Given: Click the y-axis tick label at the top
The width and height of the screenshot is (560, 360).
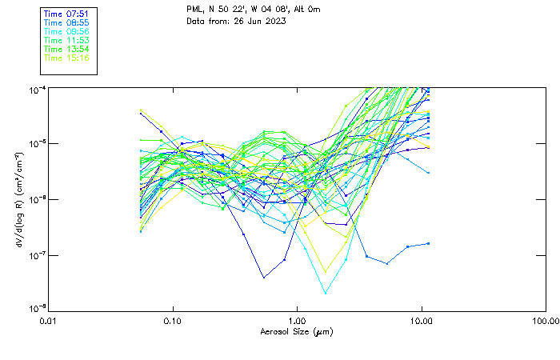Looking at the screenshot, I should click(36, 89).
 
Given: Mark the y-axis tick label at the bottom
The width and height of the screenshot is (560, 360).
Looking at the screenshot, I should click(36, 308).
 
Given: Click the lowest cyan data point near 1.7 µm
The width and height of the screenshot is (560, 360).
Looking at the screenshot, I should click(326, 292).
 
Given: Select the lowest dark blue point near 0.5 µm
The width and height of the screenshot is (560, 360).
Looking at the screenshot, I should click(264, 277).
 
